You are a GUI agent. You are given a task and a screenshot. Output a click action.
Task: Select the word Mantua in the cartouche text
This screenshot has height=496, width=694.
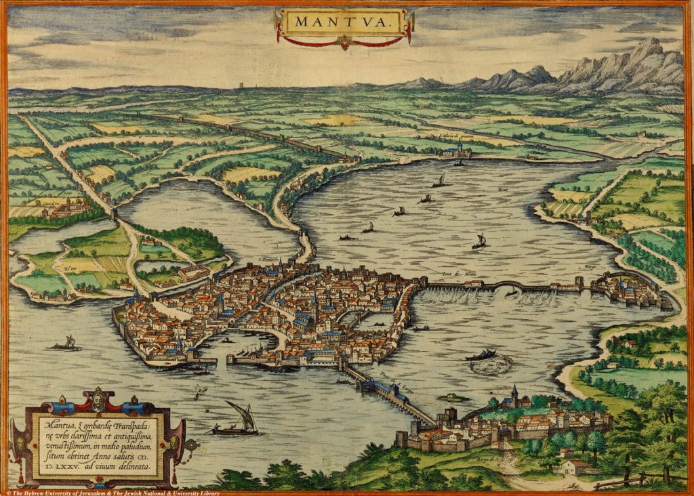(x=56, y=426)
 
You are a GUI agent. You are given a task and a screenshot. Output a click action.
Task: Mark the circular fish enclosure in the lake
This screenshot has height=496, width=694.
(x=492, y=365)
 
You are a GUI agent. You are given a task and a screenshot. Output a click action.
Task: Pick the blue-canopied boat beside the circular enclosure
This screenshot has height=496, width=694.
(x=481, y=354)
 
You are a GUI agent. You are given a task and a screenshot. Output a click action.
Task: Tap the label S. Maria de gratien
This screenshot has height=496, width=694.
(x=461, y=136)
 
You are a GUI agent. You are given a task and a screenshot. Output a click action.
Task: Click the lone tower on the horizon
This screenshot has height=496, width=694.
(x=241, y=87)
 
